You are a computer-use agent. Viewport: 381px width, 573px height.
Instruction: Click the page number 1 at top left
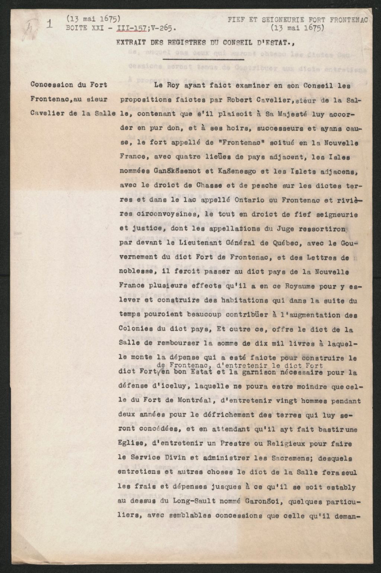49,23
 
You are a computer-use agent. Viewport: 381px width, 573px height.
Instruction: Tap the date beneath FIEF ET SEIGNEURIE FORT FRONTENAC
297,28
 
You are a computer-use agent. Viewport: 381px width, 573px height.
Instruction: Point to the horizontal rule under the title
204,58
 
